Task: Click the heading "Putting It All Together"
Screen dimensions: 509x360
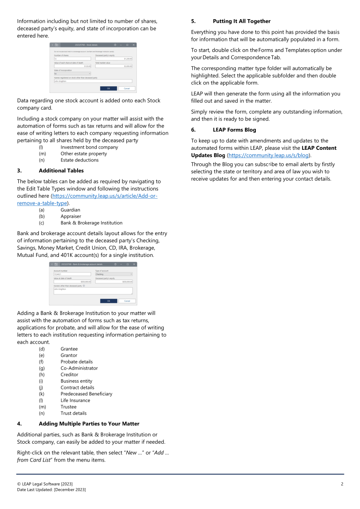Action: click(x=241, y=21)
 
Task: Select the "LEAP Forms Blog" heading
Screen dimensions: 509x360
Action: click(x=234, y=130)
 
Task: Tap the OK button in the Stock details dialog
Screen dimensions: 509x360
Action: click(x=109, y=88)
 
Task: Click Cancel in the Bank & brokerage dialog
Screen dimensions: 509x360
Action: click(x=127, y=301)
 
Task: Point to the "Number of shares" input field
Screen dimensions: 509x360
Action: click(x=73, y=59)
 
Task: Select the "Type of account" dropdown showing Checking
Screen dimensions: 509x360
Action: click(x=113, y=274)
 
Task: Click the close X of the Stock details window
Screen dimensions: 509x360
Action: click(x=134, y=45)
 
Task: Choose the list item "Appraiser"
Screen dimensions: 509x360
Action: click(x=71, y=216)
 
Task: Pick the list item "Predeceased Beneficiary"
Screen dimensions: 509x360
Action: click(x=86, y=394)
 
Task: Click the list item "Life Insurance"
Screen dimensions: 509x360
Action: click(x=75, y=401)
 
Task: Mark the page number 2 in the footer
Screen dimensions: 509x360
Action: click(x=342, y=484)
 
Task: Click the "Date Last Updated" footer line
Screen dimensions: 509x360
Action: click(x=51, y=490)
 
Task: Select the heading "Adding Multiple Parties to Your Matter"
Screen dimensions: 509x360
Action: click(x=89, y=424)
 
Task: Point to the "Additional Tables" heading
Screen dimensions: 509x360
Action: click(x=61, y=171)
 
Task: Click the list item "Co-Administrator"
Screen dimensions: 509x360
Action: click(x=79, y=368)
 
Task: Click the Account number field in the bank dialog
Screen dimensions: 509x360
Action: click(x=73, y=274)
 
